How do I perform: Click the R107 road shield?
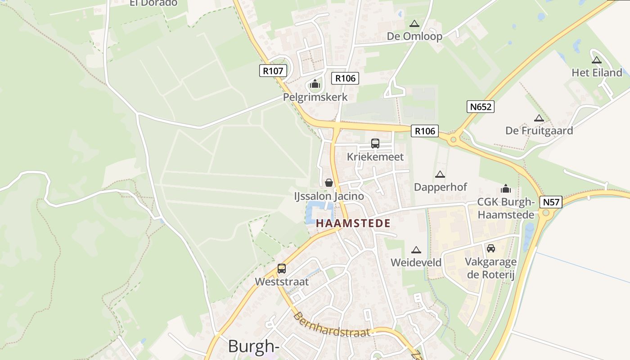point(273,71)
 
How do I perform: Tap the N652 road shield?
point(480,107)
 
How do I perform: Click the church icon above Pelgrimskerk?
point(315,84)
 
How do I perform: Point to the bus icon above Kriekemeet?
point(375,144)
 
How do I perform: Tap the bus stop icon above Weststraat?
point(282,269)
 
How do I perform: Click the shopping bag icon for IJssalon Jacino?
point(329,183)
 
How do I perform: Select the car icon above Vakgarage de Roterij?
point(490,248)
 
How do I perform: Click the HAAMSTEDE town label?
point(353,223)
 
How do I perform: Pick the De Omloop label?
point(414,36)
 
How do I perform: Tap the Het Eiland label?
point(597,72)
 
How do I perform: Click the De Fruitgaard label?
point(539,130)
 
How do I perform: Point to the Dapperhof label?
point(441,187)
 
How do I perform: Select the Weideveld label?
point(416,262)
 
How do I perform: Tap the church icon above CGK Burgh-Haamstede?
point(506,189)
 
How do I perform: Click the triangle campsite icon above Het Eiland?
point(597,60)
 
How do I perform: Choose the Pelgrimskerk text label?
point(315,97)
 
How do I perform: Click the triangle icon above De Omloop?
point(414,23)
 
